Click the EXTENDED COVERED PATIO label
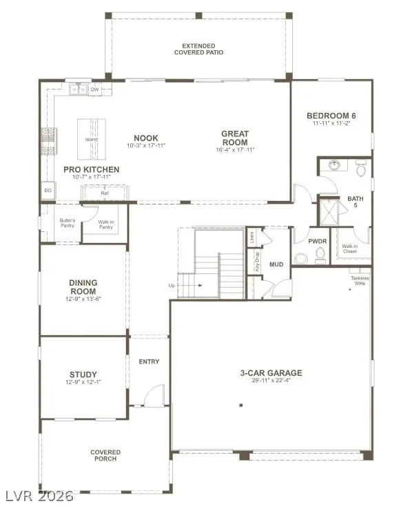click(x=198, y=49)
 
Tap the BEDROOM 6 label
click(x=331, y=116)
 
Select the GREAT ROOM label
click(x=235, y=138)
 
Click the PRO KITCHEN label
click(x=92, y=169)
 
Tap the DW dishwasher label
click(x=95, y=89)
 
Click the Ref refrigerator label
click(x=105, y=193)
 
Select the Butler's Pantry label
click(x=67, y=224)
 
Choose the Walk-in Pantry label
click(x=105, y=224)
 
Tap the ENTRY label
click(x=149, y=361)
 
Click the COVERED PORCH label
click(x=105, y=456)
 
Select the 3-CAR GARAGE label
click(x=271, y=373)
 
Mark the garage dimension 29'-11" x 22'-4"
click(x=271, y=382)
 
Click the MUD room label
click(x=276, y=264)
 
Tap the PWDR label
click(x=317, y=241)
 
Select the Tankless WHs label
click(x=360, y=280)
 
